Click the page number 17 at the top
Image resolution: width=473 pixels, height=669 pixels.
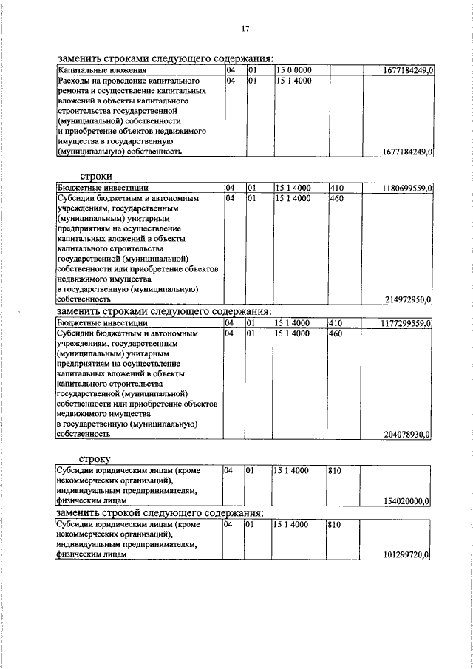pyautogui.click(x=245, y=29)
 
